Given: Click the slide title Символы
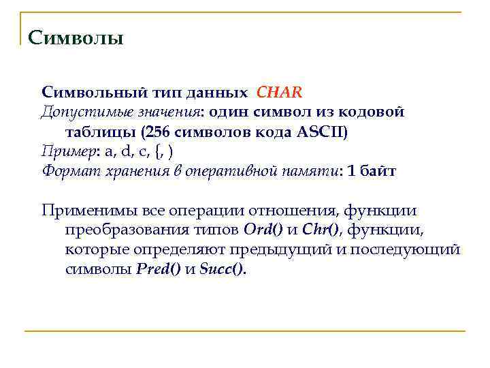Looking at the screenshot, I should tap(76, 37).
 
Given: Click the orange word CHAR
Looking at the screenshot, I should tap(279, 91).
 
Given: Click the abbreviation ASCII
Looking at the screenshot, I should tap(321, 131).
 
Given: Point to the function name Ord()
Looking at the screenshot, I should tap(258, 230).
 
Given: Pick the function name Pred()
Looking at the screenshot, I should tap(159, 269).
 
